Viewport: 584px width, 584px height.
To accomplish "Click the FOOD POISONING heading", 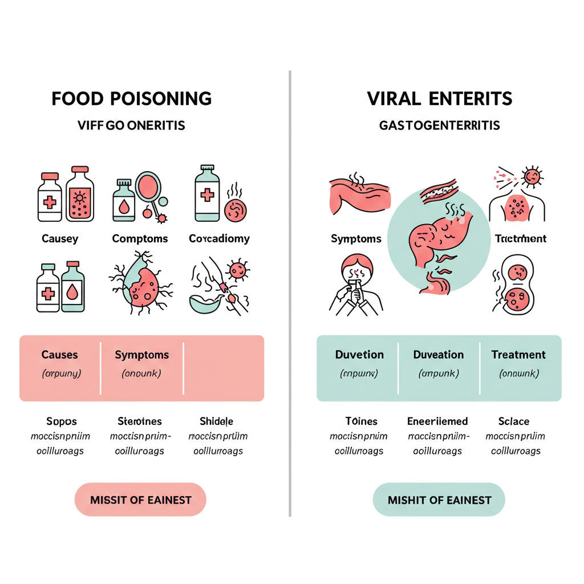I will tap(132, 98).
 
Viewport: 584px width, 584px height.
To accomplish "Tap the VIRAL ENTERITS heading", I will tap(439, 98).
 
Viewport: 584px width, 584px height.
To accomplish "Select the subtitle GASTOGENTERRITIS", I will tap(439, 125).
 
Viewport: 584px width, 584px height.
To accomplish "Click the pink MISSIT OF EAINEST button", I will tap(140, 500).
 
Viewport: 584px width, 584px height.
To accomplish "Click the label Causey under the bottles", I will tap(60, 238).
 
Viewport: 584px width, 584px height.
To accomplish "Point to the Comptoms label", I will tap(140, 238).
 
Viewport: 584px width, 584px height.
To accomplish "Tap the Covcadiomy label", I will tap(219, 238).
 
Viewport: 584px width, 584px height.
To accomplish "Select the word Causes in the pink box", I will tap(59, 355).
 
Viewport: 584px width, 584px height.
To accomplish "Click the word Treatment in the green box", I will tap(518, 355).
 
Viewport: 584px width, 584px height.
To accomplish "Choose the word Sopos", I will tap(61, 421).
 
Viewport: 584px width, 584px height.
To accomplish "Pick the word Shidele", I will tap(216, 421).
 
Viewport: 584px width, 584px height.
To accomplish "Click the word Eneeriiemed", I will tap(437, 421).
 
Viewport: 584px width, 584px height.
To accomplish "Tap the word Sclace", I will tap(513, 421).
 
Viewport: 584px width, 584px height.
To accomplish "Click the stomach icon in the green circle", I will tap(436, 240).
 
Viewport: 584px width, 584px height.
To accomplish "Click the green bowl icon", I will tap(205, 301).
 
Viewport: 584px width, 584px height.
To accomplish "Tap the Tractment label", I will tap(520, 238).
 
